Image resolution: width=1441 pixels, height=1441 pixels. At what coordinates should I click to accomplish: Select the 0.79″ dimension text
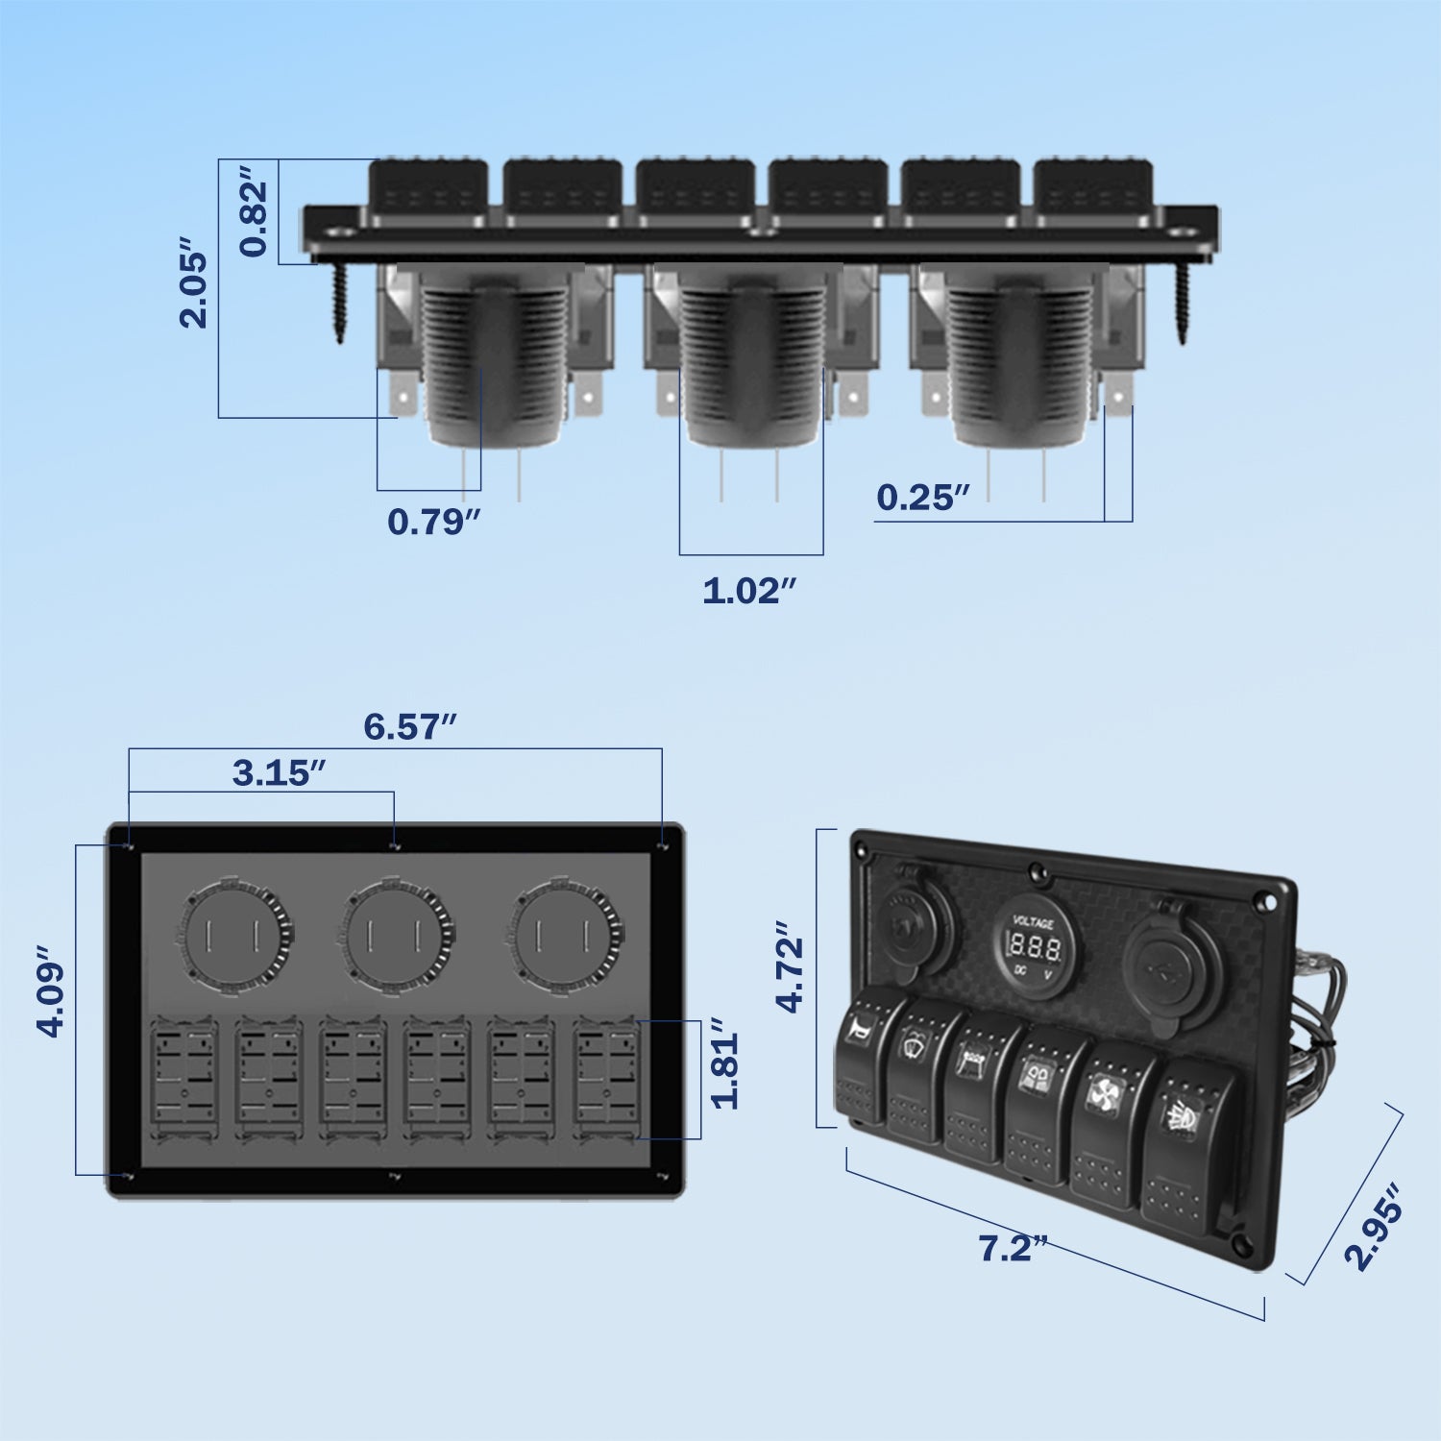pyautogui.click(x=433, y=522)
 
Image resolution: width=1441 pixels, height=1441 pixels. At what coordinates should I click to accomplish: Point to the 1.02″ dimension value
pyautogui.click(x=749, y=591)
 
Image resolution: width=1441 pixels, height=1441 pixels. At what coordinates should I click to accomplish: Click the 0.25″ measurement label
pyautogui.click(x=922, y=498)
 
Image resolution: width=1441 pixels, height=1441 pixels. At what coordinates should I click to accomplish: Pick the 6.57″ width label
pyautogui.click(x=409, y=726)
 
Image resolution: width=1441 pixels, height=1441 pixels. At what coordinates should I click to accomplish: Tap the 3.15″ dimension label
pyautogui.click(x=279, y=773)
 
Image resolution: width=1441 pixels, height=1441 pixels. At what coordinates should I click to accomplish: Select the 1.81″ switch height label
pyautogui.click(x=726, y=1070)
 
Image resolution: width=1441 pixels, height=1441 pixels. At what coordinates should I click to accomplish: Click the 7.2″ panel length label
pyautogui.click(x=1012, y=1248)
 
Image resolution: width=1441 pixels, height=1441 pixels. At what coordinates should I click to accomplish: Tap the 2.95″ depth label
pyautogui.click(x=1374, y=1228)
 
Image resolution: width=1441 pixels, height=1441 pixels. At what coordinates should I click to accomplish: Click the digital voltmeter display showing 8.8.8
pyautogui.click(x=1036, y=949)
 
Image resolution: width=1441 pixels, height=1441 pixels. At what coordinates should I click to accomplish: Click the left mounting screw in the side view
pyautogui.click(x=340, y=300)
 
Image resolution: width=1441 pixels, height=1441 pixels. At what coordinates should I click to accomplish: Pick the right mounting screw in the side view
pyautogui.click(x=1182, y=300)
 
